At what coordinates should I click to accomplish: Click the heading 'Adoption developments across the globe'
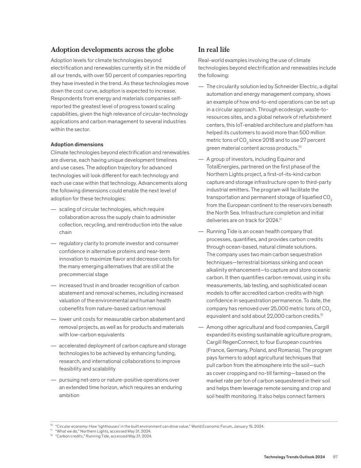click(112, 49)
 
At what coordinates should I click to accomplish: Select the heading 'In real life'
click(214, 49)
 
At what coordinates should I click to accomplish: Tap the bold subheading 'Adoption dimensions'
click(77, 144)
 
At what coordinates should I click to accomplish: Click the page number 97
click(335, 457)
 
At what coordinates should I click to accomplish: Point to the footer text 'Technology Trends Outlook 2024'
click(294, 457)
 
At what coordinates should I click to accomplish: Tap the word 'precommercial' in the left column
click(77, 274)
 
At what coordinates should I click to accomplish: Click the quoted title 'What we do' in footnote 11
click(65, 431)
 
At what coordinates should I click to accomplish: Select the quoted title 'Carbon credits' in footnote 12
click(68, 436)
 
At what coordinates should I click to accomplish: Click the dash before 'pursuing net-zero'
click(53, 380)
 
